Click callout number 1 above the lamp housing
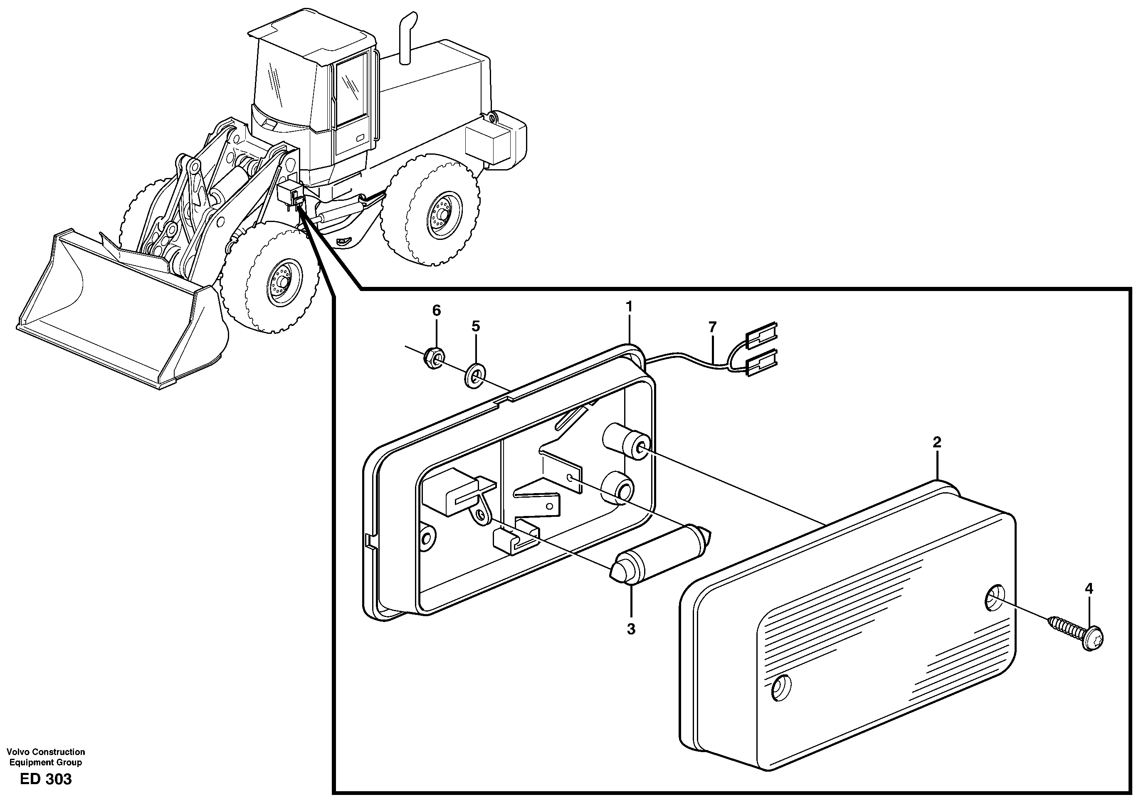point(629,306)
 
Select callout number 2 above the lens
point(937,442)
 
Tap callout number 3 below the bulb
point(631,629)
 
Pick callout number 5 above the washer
point(476,326)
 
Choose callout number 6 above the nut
point(436,311)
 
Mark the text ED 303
point(46,779)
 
